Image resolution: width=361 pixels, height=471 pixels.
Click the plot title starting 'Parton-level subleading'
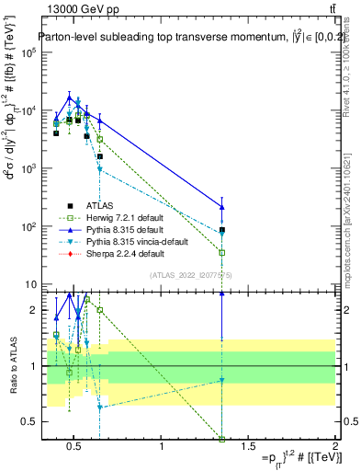186,37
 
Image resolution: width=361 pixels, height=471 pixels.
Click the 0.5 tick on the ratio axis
28,421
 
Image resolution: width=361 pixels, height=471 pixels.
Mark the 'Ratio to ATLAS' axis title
12,366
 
